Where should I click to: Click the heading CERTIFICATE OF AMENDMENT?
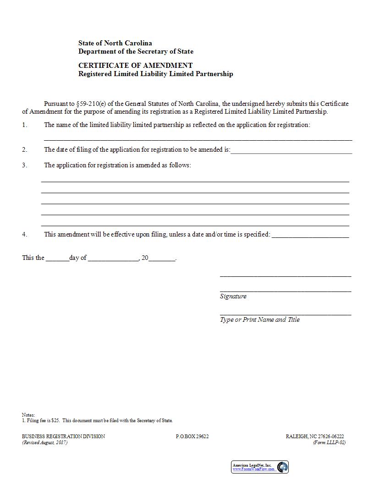(135, 65)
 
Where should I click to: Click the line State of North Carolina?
(115, 43)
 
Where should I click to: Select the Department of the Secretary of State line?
(136, 51)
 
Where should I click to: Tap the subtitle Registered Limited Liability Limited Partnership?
(155, 73)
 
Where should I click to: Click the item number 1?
(25, 125)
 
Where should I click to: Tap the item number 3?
(25, 165)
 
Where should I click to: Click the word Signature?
(233, 296)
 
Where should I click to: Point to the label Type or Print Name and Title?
(259, 319)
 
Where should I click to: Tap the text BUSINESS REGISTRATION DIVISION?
(63, 436)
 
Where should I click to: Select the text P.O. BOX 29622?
(192, 436)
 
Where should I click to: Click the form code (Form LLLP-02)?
(329, 443)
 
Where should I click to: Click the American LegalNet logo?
(259, 467)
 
